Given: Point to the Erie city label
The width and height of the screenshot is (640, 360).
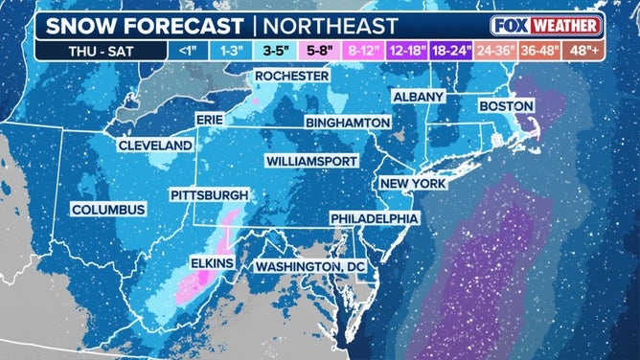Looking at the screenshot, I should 209,118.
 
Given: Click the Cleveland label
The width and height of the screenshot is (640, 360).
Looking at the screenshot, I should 155,146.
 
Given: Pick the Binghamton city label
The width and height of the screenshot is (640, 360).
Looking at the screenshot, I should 348,124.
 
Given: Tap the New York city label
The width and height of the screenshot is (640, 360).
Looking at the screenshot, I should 414,183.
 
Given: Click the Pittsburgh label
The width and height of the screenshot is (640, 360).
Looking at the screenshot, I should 209,194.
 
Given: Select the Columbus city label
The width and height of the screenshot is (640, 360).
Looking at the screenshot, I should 108,210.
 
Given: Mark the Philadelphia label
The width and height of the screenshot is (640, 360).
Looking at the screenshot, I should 375,218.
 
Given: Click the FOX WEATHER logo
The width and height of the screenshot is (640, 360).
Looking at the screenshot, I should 547,25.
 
